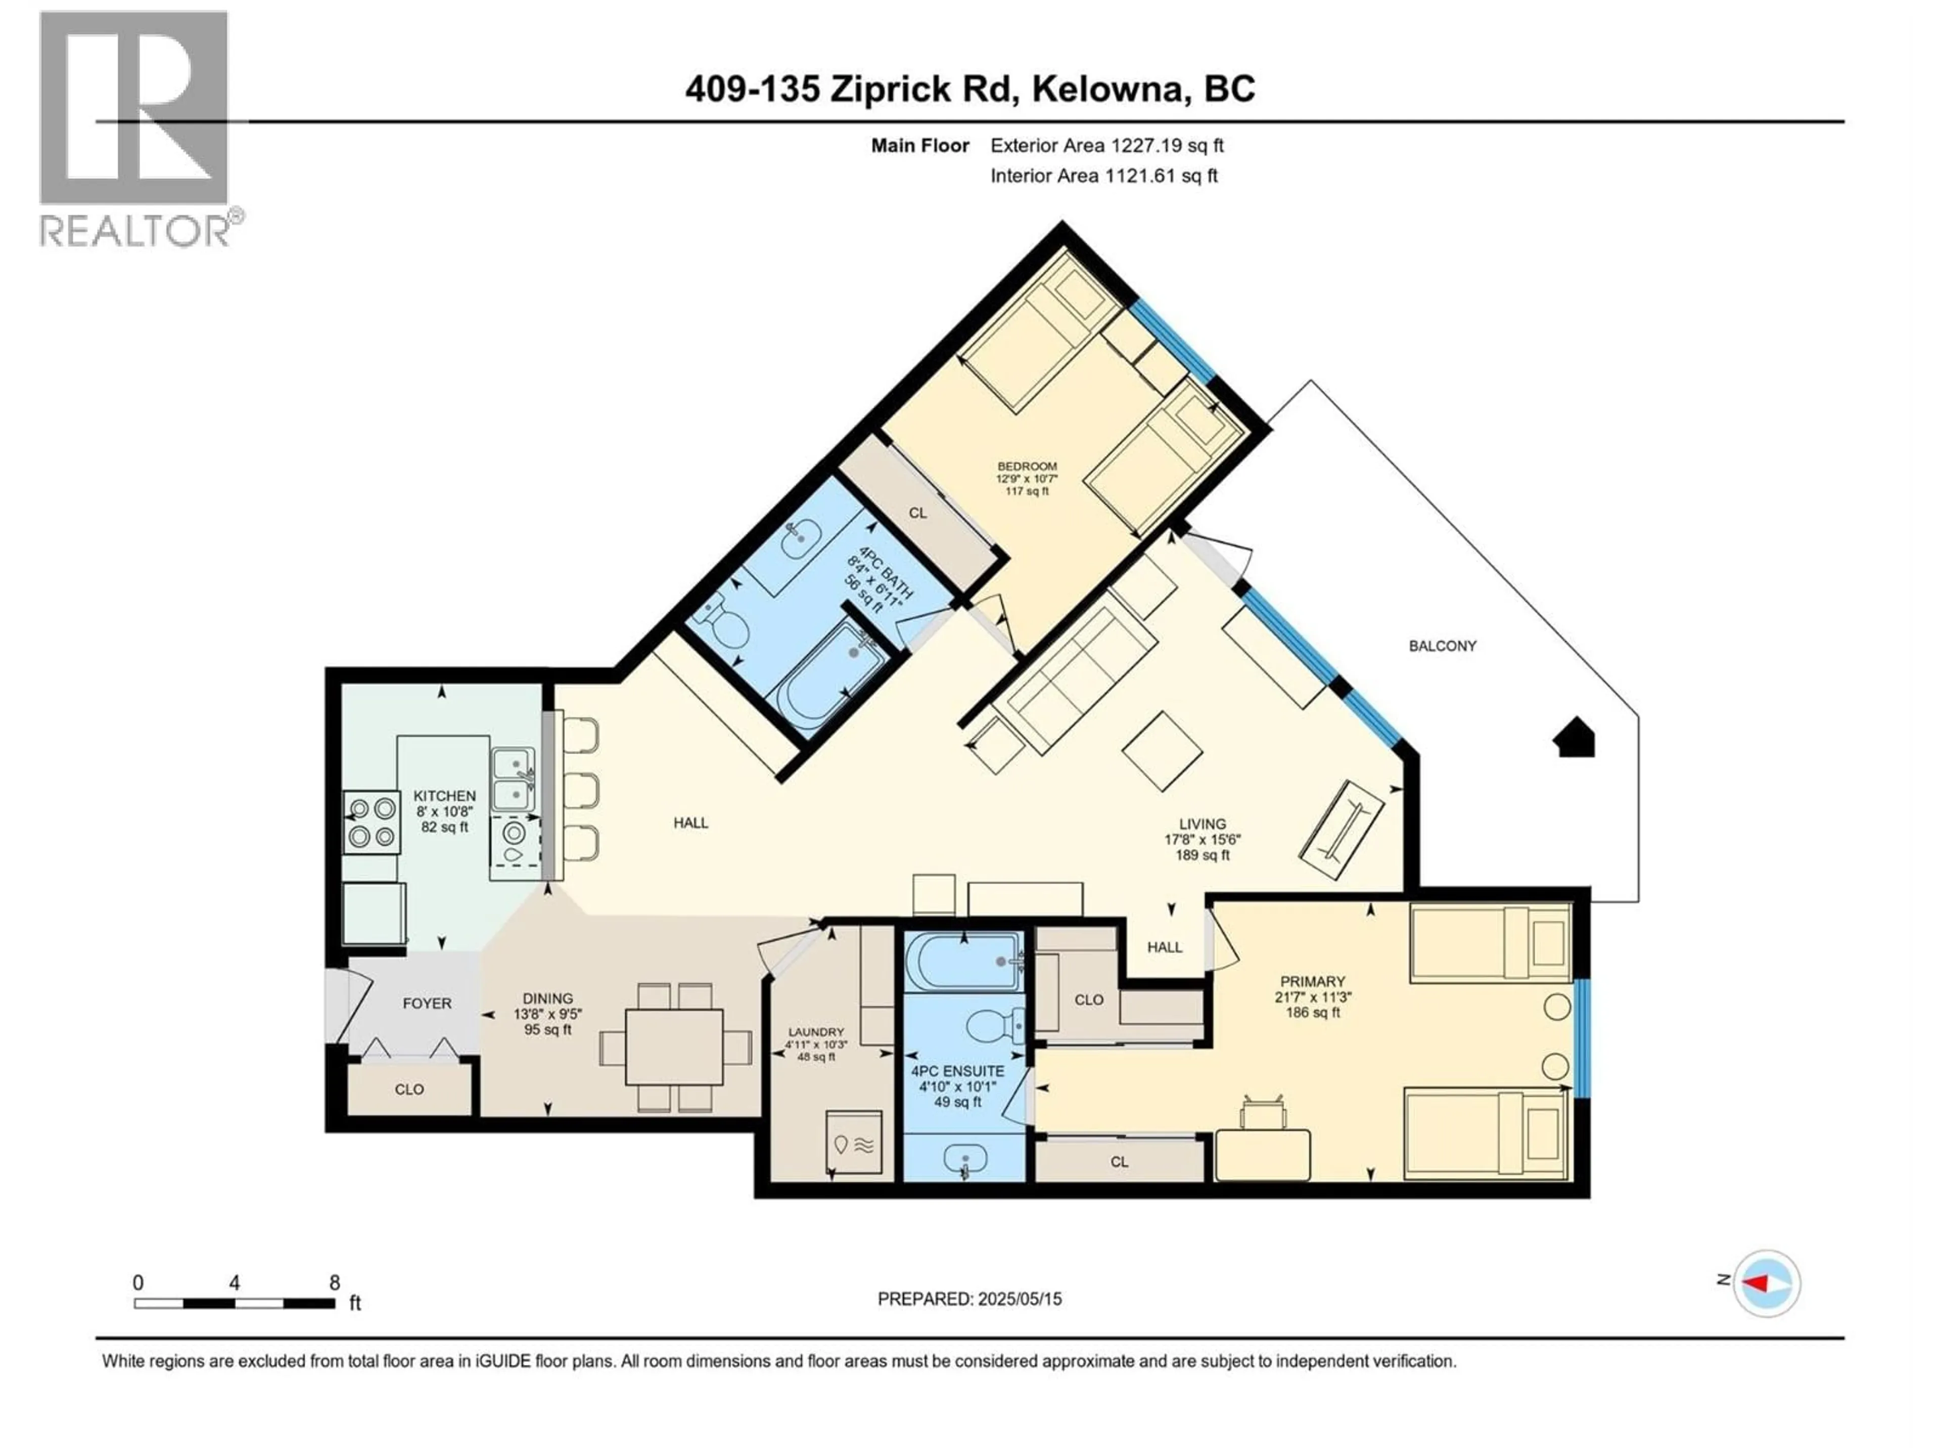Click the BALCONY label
(1442, 646)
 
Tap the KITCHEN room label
(444, 795)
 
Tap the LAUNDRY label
(815, 1032)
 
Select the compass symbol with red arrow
(1767, 1283)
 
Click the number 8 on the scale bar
(334, 1282)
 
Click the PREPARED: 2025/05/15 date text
(969, 1299)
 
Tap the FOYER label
(427, 1003)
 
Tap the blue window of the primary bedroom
(1581, 1037)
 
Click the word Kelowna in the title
(1105, 89)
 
